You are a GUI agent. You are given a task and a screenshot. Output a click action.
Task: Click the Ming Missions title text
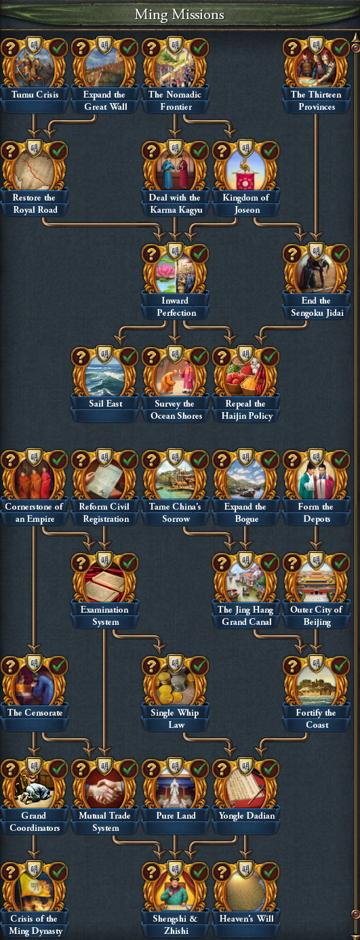click(179, 15)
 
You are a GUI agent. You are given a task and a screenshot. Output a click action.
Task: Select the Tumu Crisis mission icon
click(35, 66)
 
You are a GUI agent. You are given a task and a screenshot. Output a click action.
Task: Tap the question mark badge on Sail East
click(81, 356)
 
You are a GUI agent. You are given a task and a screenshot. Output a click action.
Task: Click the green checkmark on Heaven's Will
click(271, 872)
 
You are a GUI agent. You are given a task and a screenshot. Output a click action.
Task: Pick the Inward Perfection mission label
click(176, 307)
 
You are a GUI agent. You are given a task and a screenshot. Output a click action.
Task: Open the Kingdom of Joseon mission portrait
click(246, 169)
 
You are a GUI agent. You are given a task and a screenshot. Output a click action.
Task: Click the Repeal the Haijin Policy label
click(247, 409)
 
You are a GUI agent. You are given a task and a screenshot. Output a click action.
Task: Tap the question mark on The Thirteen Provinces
click(292, 47)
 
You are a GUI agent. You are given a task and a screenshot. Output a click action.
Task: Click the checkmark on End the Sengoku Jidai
click(341, 253)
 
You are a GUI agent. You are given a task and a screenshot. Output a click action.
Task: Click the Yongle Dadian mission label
click(247, 815)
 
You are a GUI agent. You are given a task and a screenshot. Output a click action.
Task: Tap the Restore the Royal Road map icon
click(35, 169)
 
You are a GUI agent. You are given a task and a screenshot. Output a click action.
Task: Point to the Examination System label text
click(105, 615)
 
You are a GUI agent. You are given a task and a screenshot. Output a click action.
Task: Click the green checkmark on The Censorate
click(59, 666)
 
